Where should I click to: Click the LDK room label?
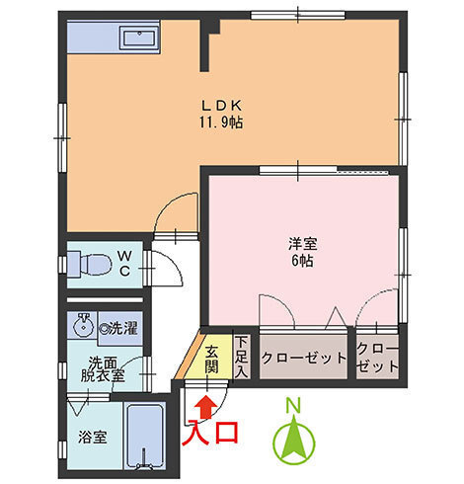click(x=222, y=106)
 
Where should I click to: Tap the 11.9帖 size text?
click(x=221, y=122)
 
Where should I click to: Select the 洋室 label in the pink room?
click(x=303, y=244)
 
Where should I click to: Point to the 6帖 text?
click(x=302, y=261)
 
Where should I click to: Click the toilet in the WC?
click(x=89, y=264)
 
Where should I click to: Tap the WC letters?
click(x=124, y=263)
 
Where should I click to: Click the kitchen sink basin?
click(x=139, y=39)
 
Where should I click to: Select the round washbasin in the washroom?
click(x=82, y=325)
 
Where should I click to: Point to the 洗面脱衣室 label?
click(x=103, y=369)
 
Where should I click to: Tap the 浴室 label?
click(x=93, y=437)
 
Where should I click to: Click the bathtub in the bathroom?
click(x=145, y=436)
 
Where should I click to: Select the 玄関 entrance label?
click(x=212, y=360)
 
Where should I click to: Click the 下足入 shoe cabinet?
click(x=242, y=357)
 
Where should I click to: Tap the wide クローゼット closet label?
click(x=304, y=358)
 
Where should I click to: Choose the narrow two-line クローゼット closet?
click(x=377, y=357)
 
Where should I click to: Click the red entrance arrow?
click(x=206, y=407)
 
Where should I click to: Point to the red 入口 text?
click(x=210, y=433)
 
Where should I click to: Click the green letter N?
click(x=293, y=406)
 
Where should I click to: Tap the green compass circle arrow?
click(x=294, y=443)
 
